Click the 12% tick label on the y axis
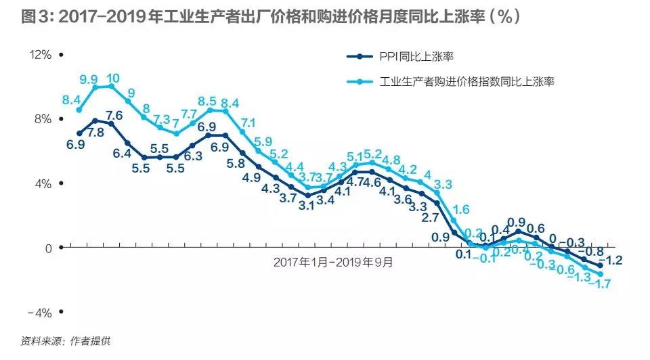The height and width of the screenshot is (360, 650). tap(40, 55)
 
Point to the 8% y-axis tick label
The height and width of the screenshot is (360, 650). tap(43, 119)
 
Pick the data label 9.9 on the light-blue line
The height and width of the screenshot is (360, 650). tap(89, 80)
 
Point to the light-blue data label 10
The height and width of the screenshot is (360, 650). tap(112, 78)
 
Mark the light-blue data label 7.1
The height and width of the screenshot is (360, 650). tap(248, 122)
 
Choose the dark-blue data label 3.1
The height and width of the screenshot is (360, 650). tap(306, 206)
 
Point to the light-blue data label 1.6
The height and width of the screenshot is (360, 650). tap(461, 209)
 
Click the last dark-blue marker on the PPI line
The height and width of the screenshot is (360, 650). tap(600, 266)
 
